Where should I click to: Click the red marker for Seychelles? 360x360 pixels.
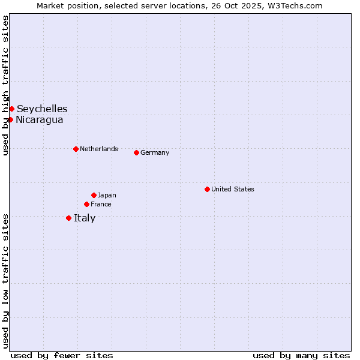coord(11,109)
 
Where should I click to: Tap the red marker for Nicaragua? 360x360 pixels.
coord(10,119)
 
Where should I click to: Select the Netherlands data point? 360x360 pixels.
coord(76,149)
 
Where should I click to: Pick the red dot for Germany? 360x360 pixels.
coord(136,152)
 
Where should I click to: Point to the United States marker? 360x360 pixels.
coord(207,189)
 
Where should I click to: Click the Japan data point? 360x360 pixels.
coord(94,195)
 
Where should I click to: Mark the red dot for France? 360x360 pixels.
coord(86,204)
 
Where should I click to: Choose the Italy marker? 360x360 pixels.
coord(68,218)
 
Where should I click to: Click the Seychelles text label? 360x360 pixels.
coord(42,109)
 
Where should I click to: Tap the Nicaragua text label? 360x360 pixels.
coord(40,119)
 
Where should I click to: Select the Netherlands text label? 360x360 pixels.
coord(99,149)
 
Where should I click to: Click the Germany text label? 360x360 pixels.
coord(155,152)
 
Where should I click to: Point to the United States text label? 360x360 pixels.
coord(233,189)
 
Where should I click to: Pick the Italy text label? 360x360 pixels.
coord(85,218)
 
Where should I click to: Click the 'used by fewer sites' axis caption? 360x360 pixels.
coord(62,355)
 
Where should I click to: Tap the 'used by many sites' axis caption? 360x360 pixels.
coord(301,355)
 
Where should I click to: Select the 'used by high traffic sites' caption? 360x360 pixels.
coord(5,85)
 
